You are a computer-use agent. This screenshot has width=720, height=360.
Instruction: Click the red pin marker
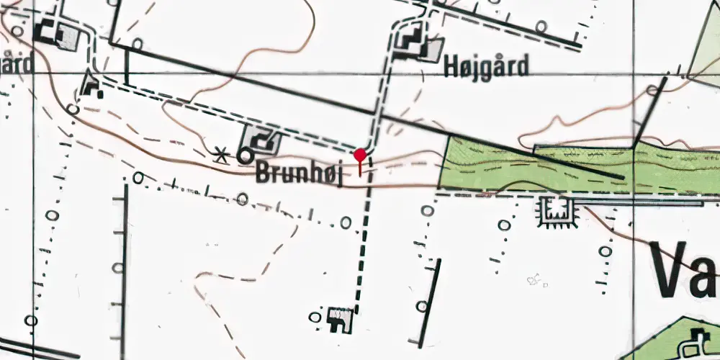(x=360, y=156)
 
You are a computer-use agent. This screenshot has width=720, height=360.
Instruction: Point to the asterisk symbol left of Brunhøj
(x=223, y=154)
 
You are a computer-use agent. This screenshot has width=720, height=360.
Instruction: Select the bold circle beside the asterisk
(x=246, y=155)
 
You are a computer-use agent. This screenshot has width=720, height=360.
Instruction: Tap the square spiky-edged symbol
(x=558, y=211)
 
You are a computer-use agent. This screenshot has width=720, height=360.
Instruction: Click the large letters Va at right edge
(x=684, y=270)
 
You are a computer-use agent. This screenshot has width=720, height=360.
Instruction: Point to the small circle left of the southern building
(x=315, y=316)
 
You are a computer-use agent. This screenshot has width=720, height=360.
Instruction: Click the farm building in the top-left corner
(x=57, y=34)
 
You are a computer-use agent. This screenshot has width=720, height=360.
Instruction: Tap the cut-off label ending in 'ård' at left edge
(x=16, y=64)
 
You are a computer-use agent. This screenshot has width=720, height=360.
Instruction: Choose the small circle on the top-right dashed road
(x=541, y=27)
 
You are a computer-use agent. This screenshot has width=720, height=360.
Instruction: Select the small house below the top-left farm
(x=91, y=86)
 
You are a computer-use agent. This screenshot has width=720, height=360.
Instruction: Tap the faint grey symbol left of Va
(x=534, y=279)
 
